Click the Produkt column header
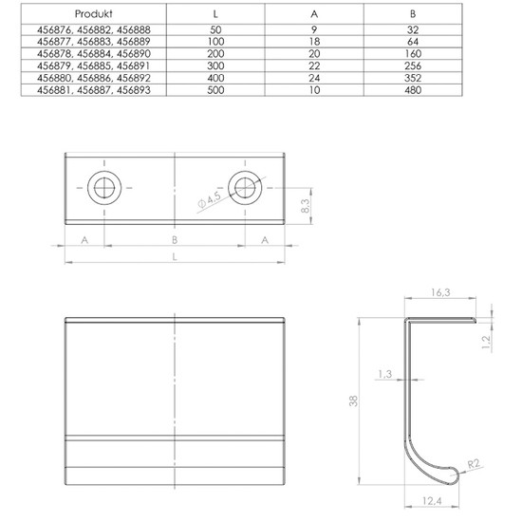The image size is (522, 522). point(94,13)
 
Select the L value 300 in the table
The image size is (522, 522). point(215,65)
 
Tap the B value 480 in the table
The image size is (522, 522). point(413,90)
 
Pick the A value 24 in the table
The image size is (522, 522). point(314,78)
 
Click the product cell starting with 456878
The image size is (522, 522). point(94,53)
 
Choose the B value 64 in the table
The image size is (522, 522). point(413,42)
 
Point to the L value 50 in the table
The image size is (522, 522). point(215,29)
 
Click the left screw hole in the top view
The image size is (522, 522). point(104,188)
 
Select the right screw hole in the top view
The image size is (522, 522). point(245,188)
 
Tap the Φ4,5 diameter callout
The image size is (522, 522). point(210,200)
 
